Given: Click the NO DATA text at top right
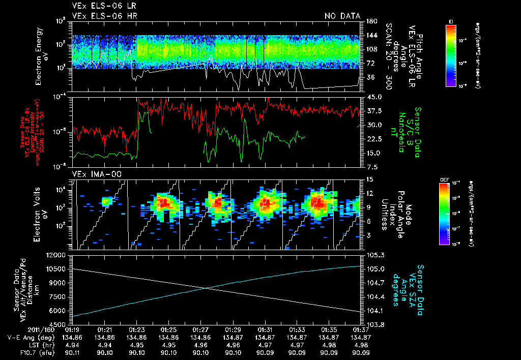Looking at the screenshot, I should (x=342, y=16).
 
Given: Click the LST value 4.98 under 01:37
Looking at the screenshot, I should (x=360, y=344).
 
